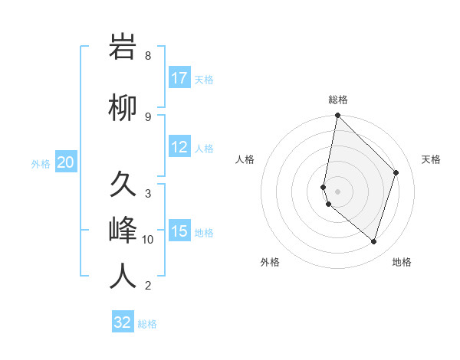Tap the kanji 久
[x=123, y=185]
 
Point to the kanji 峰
[x=123, y=231]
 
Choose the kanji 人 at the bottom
[x=123, y=277]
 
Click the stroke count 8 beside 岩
[x=148, y=56]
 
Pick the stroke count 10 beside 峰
[x=148, y=240]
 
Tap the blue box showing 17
[x=179, y=78]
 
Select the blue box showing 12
[x=179, y=147]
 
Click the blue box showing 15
[x=179, y=231]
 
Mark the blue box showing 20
[x=66, y=162]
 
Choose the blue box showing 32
[x=123, y=322]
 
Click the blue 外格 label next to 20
[x=41, y=163]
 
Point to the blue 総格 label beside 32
[x=147, y=324]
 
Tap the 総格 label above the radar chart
[x=338, y=100]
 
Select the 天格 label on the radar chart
[x=431, y=159]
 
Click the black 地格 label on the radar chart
[x=402, y=262]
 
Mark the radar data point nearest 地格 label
[x=373, y=241]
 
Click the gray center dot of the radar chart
[x=338, y=191]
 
